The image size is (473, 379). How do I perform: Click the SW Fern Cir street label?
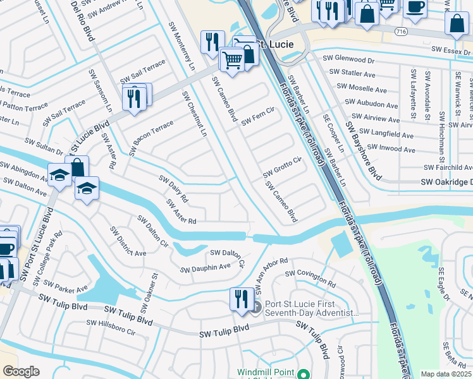(x=257, y=117)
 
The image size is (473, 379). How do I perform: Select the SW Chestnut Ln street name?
(x=194, y=114)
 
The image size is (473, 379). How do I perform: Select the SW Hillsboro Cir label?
(x=111, y=327)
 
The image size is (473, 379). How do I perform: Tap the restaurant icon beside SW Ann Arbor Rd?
(x=240, y=298)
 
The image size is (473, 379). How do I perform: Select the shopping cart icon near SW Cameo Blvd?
(x=232, y=60)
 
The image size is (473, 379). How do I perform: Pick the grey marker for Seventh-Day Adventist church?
(x=255, y=307)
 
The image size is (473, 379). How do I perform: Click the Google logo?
(x=21, y=371)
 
